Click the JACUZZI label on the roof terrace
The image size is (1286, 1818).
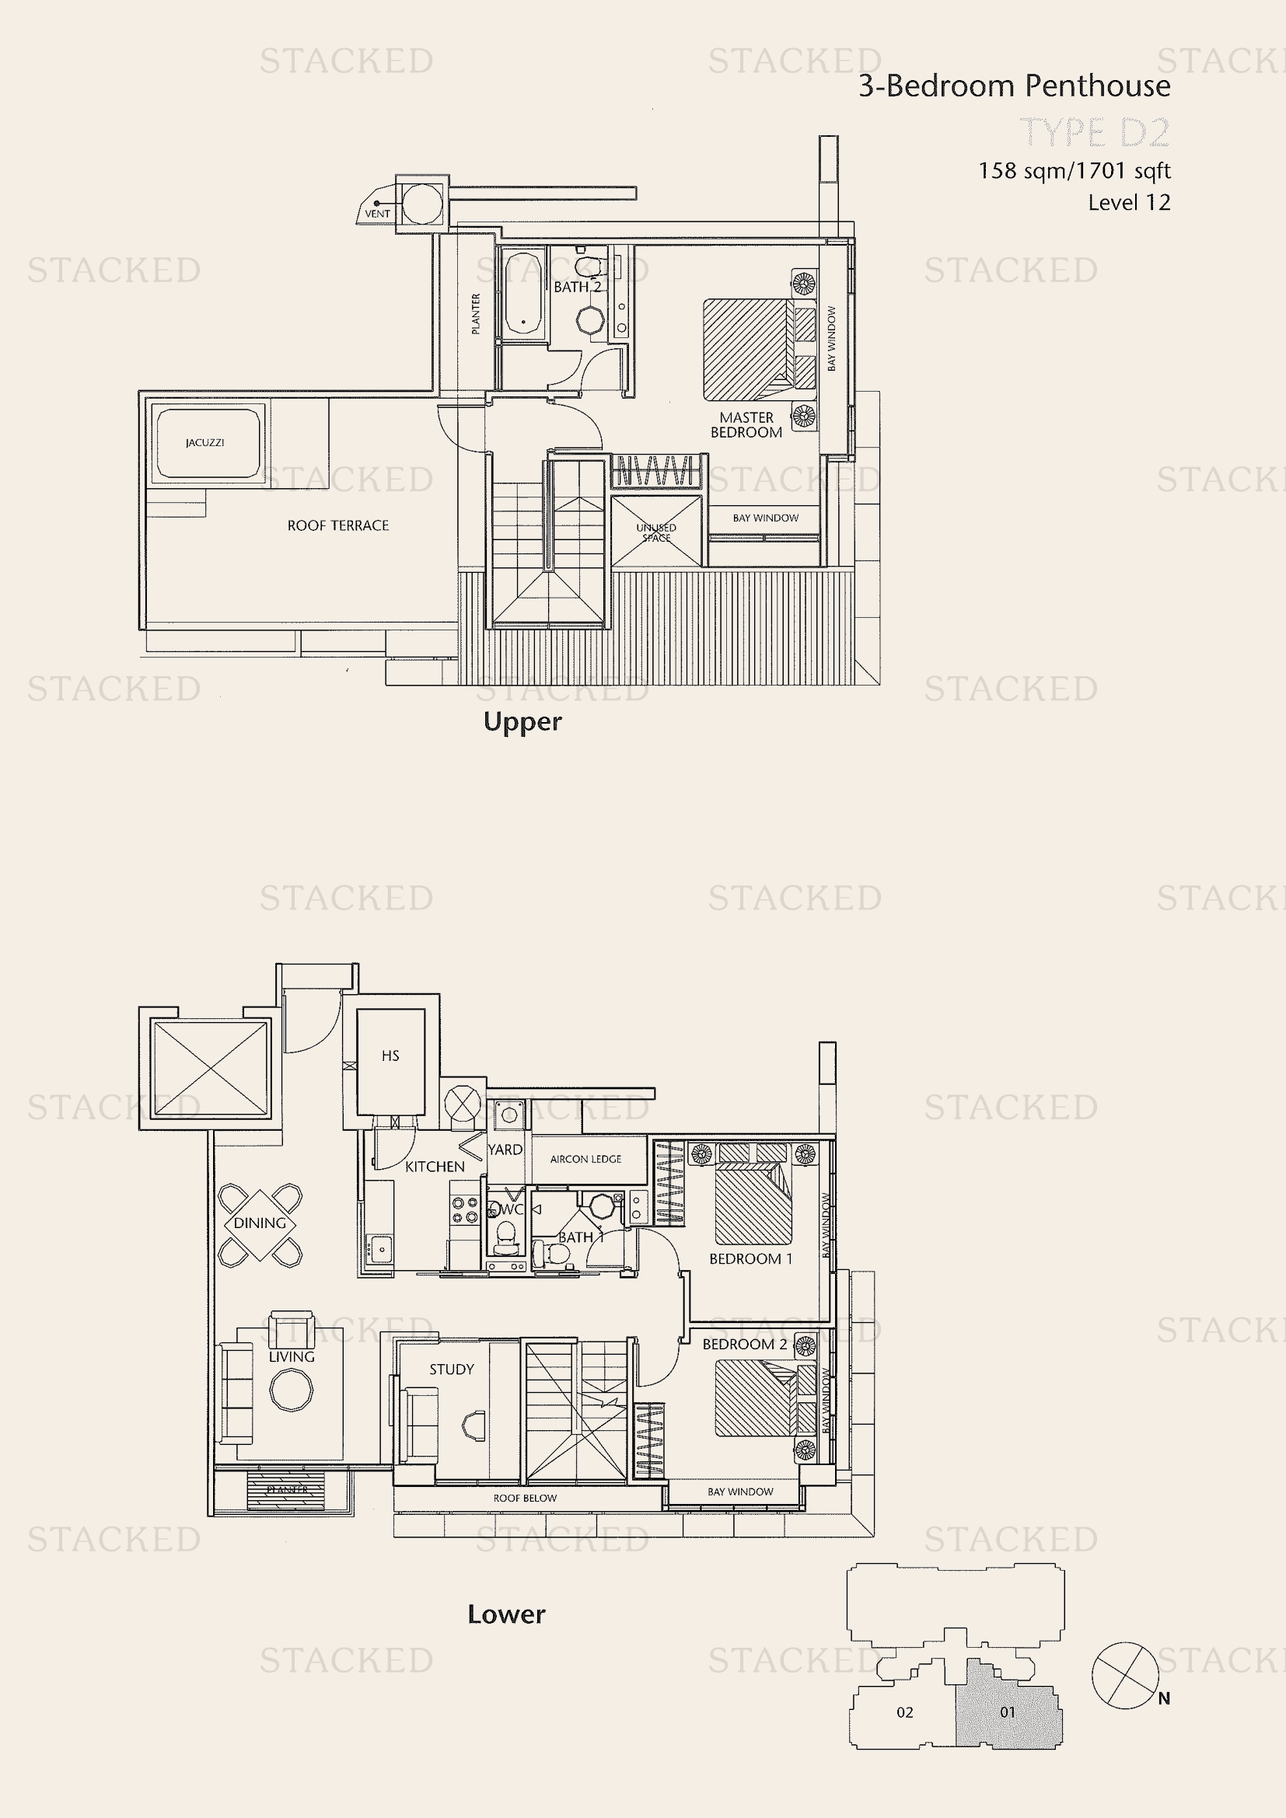(204, 442)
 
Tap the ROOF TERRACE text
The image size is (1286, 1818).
(337, 525)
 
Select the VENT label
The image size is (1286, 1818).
(377, 214)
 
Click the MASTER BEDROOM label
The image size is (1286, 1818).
(746, 424)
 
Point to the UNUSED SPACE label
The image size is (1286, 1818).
(655, 532)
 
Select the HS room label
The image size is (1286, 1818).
(390, 1056)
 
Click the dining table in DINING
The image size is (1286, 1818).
(260, 1223)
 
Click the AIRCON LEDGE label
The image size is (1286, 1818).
(585, 1159)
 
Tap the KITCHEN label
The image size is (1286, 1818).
(435, 1167)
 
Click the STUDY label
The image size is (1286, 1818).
(452, 1369)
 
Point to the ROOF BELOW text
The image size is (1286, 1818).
(524, 1498)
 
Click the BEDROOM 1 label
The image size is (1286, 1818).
(750, 1259)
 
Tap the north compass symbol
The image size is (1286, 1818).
(1124, 1676)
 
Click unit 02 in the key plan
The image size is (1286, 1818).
(904, 1713)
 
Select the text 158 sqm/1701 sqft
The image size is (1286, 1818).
(1074, 171)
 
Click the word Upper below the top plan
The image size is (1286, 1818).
(522, 722)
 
